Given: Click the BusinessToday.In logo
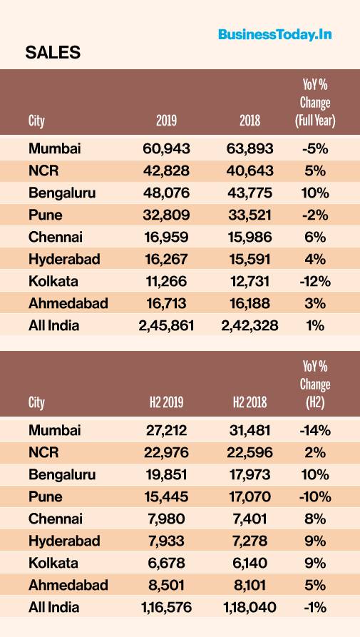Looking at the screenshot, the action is pos(274,34).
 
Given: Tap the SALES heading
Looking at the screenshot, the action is pos(53,53).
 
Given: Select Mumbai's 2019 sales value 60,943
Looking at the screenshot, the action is pos(166,148).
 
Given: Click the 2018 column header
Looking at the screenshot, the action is pos(250,121).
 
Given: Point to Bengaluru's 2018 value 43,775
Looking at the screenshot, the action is pos(250,193).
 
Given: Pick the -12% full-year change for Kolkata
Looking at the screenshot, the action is pos(315,281).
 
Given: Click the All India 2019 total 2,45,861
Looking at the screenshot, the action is pos(166,325).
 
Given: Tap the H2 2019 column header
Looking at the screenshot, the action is pos(166,402).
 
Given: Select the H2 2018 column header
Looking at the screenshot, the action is pos(250,402).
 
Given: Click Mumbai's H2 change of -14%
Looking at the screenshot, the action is pos(315,430).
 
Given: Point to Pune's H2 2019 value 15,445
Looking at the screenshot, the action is pos(166,497).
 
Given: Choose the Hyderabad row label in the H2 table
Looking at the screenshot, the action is pos(64,541).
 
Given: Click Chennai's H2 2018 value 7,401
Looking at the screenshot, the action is pos(250,519).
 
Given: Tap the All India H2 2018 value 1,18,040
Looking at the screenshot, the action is pos(250,608).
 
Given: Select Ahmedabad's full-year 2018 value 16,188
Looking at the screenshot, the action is pos(250,303).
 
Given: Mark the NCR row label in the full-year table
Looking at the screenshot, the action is pos(43,170).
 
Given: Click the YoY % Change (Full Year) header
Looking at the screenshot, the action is pos(315,103).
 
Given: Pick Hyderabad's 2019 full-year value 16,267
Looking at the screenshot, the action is pos(166,259).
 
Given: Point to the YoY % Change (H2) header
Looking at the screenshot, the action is pos(315,384).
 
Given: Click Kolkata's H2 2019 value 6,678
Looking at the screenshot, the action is pos(166,564).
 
